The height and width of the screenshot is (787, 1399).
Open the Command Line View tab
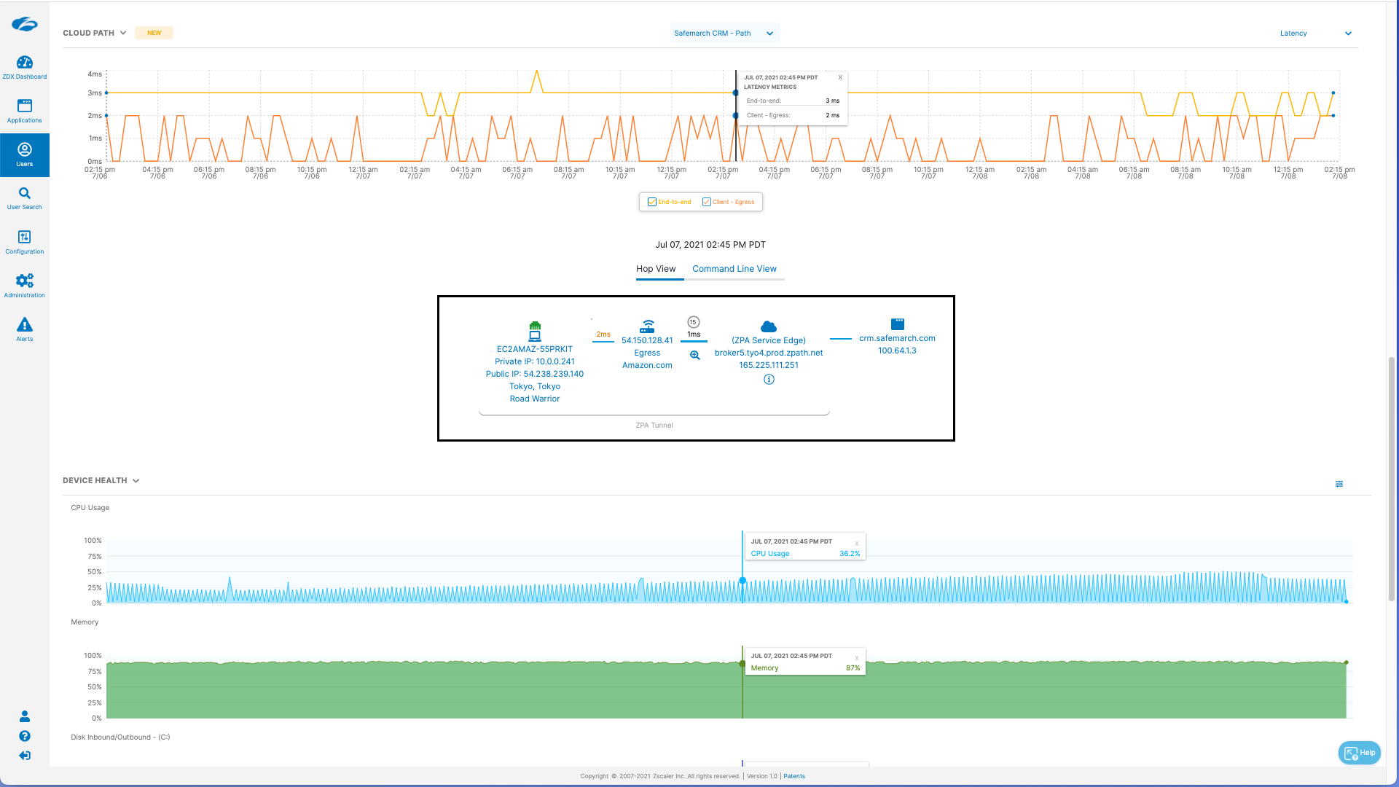click(x=734, y=269)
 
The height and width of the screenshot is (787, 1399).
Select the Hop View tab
click(x=656, y=269)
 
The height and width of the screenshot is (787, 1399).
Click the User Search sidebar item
click(x=24, y=198)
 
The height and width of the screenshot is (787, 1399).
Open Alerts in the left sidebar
click(x=24, y=329)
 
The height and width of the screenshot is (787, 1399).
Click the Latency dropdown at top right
click(x=1315, y=34)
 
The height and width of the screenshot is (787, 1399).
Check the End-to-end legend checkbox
click(x=652, y=202)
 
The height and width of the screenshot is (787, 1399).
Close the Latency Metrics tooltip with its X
click(x=840, y=77)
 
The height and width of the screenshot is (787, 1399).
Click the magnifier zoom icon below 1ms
click(x=695, y=356)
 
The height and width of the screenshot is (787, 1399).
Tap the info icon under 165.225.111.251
click(x=769, y=380)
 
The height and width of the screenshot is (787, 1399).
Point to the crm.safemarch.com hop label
click(x=897, y=338)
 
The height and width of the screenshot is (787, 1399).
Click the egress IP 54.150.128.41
click(x=647, y=340)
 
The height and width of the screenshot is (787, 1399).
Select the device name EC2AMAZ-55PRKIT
click(x=535, y=349)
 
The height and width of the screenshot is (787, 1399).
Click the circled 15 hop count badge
click(x=694, y=322)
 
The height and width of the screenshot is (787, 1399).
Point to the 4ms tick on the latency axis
click(x=95, y=74)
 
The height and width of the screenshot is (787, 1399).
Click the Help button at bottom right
click(x=1360, y=753)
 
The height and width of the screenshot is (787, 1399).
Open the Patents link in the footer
click(x=794, y=776)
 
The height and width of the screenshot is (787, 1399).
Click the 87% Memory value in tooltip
click(x=853, y=668)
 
